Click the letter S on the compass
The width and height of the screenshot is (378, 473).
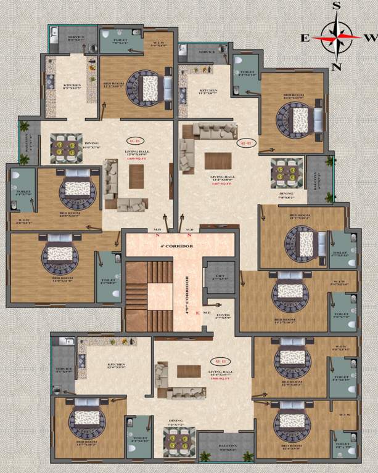coord(337,6)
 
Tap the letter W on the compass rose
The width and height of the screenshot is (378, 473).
coord(370,37)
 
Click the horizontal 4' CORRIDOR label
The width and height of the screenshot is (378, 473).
coord(180,246)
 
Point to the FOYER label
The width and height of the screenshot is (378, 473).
coord(223,301)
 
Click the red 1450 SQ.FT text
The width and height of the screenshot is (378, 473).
coord(134,158)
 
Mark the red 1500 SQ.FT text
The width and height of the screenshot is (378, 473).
coord(220,378)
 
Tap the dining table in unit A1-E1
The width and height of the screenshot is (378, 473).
coord(62,147)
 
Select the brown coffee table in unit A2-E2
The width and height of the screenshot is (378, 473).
coord(218,161)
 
